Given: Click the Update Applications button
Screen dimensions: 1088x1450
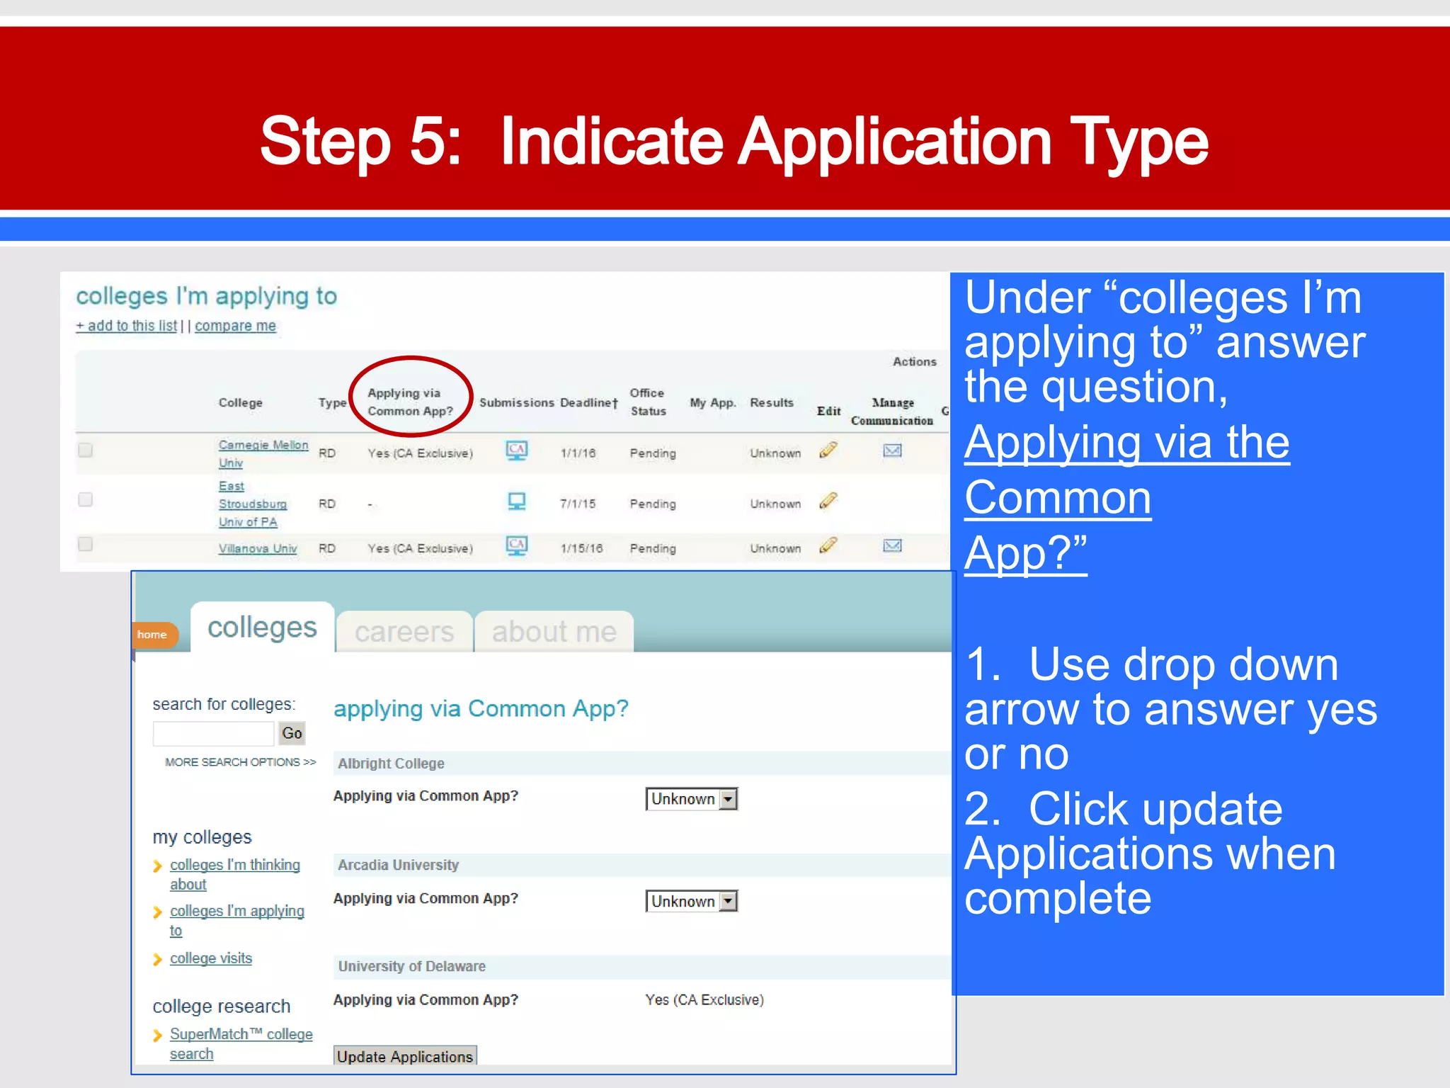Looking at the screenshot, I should coord(404,1055).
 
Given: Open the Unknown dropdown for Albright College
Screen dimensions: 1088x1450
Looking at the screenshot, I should coord(691,799).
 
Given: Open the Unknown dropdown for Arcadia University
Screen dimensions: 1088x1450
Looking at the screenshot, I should coord(691,901).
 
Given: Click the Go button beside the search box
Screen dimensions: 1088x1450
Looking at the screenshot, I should coord(292,733).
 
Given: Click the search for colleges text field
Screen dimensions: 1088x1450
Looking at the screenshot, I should coord(213,733).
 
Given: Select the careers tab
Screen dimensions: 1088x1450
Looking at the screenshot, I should coord(404,631).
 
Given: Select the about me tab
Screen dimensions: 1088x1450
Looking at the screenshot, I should coord(554,631).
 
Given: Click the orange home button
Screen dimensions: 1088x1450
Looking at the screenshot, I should coord(153,635).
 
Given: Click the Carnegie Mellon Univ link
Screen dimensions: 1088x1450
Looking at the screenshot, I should coord(263,446).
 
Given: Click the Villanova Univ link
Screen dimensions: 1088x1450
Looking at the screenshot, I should coord(258,548).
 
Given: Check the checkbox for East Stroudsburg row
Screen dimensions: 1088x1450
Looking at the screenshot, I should coord(86,499).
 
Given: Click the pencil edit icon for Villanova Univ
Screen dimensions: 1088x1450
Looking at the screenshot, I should coord(828,545).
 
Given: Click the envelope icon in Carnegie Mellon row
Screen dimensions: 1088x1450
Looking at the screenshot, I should coord(892,450).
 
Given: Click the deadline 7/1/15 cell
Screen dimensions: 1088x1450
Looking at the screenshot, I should coord(578,504).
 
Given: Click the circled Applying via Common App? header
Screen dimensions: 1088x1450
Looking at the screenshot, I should coord(410,402).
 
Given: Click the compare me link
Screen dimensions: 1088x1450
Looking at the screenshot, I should coord(235,326).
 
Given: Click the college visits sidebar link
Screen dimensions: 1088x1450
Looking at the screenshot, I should coord(211,958).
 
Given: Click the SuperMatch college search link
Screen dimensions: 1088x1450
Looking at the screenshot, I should coord(241,1035).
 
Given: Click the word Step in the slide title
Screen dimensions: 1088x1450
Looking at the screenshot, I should coord(325,142).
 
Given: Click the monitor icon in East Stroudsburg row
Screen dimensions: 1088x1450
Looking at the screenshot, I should coord(517,501).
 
